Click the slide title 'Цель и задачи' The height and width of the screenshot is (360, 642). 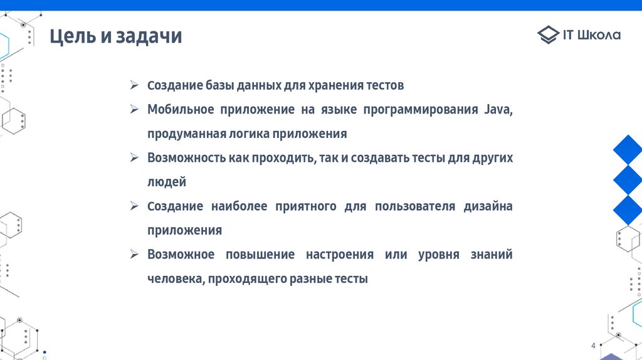[x=116, y=36]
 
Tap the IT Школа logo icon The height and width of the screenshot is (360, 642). [x=548, y=35]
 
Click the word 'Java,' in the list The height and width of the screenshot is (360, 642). [x=498, y=110]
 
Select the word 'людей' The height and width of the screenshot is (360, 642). [x=167, y=182]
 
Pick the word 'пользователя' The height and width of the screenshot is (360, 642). [x=414, y=206]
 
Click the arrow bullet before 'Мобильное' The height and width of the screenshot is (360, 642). [x=134, y=109]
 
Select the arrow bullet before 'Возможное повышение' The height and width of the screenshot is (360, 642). [x=134, y=254]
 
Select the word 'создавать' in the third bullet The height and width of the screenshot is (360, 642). [x=379, y=158]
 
